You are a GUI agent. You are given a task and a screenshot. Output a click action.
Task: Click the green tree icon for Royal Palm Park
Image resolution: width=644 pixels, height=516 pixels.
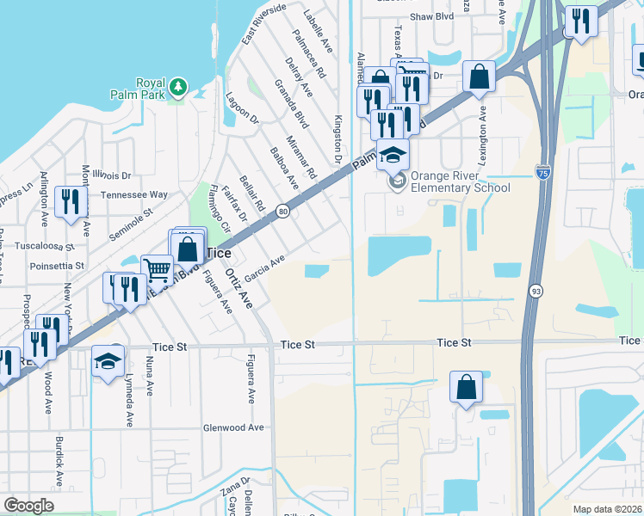pos(178,86)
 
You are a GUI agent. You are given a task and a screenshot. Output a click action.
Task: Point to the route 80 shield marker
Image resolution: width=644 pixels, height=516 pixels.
pos(282,212)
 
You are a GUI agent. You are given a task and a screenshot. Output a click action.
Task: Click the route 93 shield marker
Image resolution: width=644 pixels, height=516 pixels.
pos(536,292)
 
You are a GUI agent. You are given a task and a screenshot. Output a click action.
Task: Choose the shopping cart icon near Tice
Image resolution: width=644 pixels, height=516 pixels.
pos(157,271)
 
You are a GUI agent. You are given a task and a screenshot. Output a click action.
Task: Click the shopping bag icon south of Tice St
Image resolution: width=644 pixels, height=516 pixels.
pos(466,388)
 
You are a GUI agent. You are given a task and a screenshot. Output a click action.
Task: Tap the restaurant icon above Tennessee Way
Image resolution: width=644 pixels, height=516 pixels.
pos(68,201)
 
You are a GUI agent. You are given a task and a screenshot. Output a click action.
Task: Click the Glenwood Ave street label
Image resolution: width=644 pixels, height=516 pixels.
pos(232,427)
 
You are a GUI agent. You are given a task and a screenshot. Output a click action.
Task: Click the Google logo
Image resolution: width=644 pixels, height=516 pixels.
pos(28,506)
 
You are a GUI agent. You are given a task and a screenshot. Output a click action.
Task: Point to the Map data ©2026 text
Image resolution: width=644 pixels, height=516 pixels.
pos(606,509)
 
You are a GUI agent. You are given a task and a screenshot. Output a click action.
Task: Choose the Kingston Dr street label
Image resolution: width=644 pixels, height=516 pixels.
pos(337,141)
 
